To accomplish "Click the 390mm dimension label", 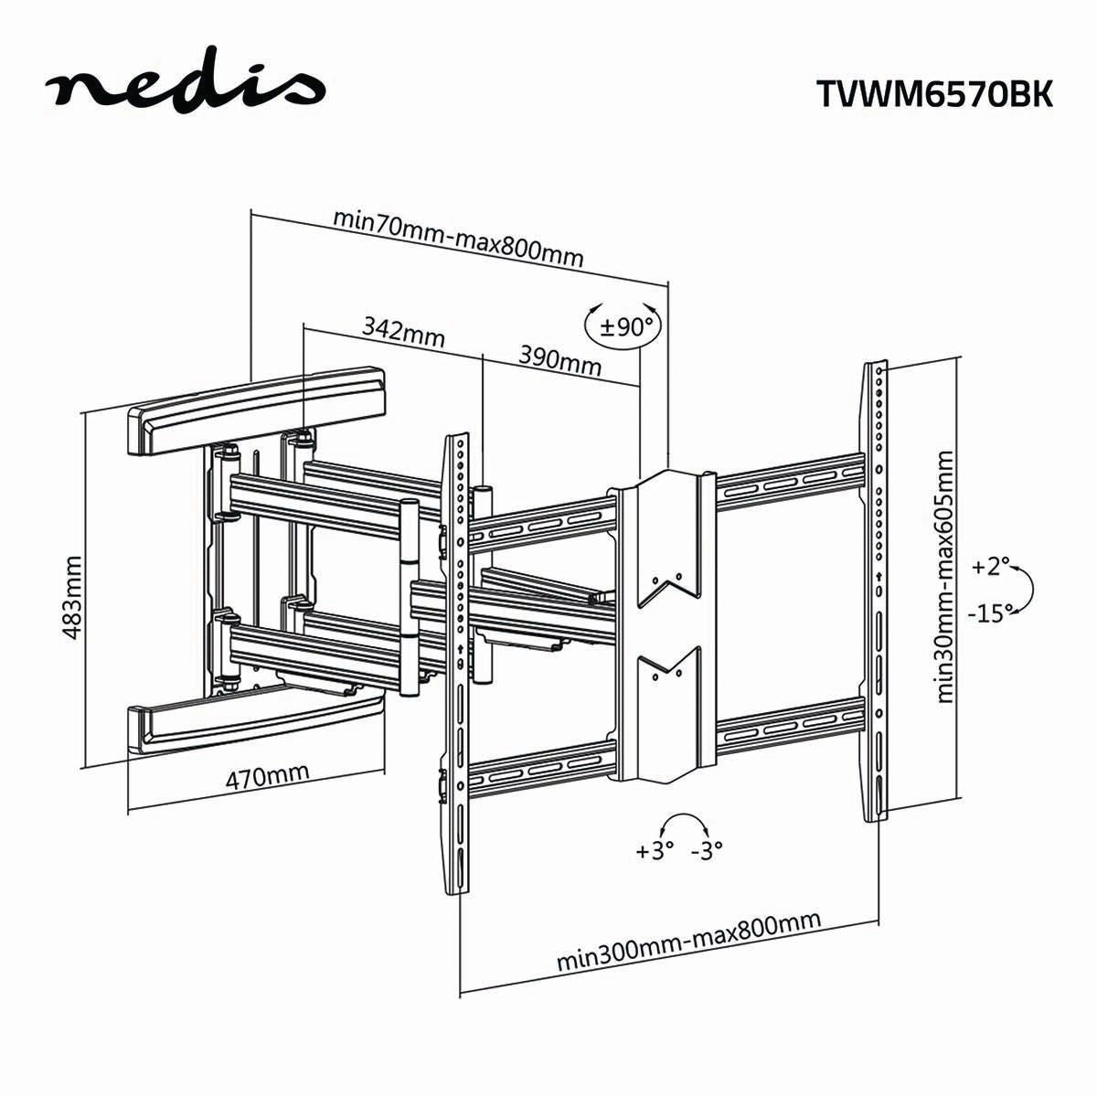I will point(560,359).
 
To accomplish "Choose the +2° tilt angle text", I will point(987,567).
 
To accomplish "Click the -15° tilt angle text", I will point(990,612).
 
